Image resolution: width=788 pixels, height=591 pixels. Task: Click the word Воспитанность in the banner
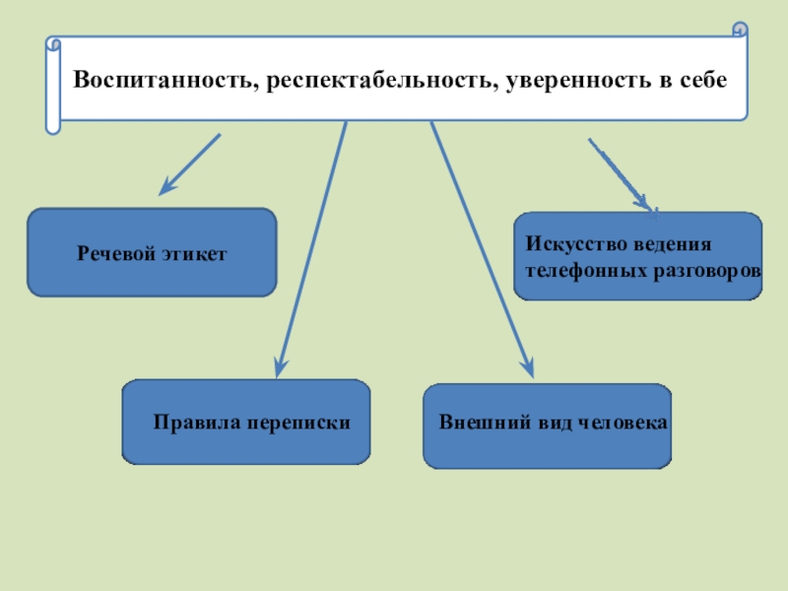coord(161,80)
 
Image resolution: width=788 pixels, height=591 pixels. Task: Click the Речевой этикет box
coord(152,253)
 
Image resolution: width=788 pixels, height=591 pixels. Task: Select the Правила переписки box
coord(245,422)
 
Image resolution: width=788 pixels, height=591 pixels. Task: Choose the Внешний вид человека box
coord(547,427)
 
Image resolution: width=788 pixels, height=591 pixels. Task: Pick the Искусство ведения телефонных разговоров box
coord(637,255)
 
